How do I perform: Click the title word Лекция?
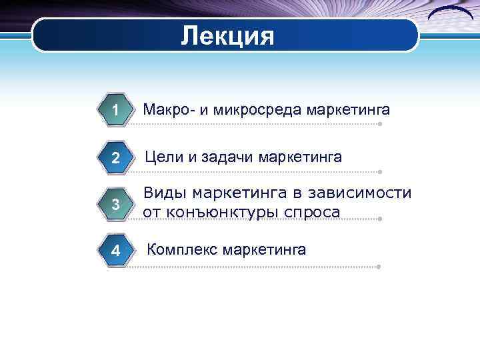[227, 35]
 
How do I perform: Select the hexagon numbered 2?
[116, 159]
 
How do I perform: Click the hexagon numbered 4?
[116, 251]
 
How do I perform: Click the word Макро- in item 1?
[167, 109]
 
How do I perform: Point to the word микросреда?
[255, 109]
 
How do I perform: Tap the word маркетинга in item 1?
[348, 109]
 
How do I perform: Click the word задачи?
[227, 157]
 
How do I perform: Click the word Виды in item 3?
[165, 194]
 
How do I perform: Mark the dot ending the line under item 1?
[379, 124]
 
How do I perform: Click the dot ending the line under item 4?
[379, 267]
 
